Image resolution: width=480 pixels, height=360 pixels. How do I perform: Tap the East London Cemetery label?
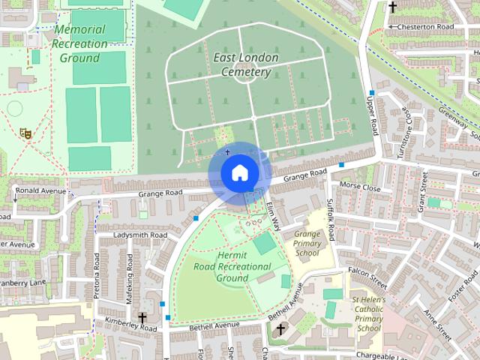tap(245, 64)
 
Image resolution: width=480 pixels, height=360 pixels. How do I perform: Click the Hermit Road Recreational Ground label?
tap(232, 266)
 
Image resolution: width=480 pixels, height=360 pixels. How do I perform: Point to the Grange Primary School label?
tap(307, 243)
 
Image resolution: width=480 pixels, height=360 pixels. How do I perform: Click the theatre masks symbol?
tap(25, 133)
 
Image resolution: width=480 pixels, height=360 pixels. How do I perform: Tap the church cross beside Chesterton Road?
tap(392, 7)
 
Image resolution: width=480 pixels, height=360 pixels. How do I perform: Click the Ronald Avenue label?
tap(40, 190)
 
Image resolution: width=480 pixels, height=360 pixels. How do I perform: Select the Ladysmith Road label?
tap(139, 235)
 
